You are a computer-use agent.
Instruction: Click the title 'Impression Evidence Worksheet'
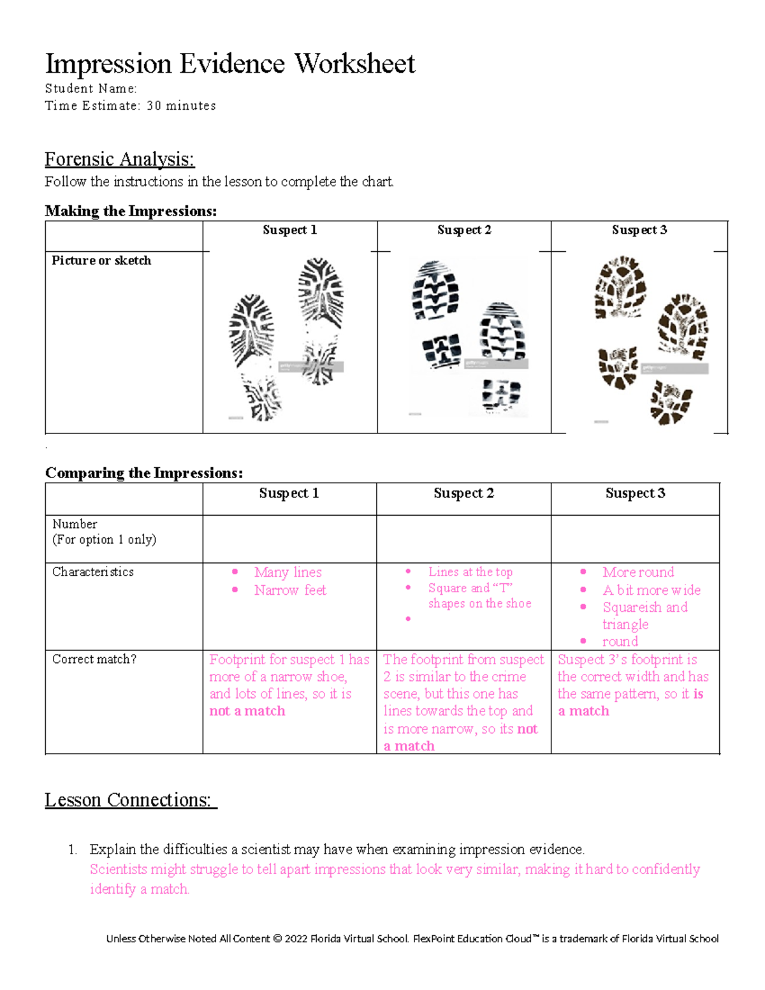click(229, 64)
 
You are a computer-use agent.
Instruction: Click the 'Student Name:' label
click(91, 89)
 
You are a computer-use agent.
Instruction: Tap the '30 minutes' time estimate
click(181, 106)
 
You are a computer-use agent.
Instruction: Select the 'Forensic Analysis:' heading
click(119, 159)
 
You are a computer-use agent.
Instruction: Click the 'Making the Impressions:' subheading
click(131, 211)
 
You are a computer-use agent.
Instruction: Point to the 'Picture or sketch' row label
click(101, 261)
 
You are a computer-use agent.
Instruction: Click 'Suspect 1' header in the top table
click(289, 230)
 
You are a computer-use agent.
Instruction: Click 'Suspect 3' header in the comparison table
click(635, 493)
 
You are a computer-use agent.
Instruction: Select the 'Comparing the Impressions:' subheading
click(144, 473)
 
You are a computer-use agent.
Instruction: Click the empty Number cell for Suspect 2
click(463, 539)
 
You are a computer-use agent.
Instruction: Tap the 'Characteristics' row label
click(93, 572)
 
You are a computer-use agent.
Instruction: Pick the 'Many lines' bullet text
click(288, 572)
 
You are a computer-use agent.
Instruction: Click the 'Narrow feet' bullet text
click(290, 590)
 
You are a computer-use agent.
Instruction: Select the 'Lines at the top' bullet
click(470, 572)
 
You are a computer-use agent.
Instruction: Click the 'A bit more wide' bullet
click(651, 590)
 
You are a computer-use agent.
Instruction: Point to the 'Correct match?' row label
click(94, 659)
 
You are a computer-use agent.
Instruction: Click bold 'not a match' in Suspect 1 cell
click(247, 711)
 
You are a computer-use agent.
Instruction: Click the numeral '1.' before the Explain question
click(73, 850)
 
